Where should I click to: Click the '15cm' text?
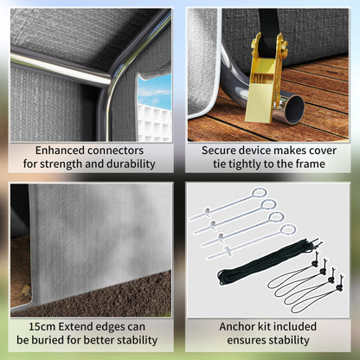[42, 327]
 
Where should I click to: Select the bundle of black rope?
[268, 261]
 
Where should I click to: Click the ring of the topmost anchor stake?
[260, 192]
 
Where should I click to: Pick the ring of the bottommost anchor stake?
[288, 230]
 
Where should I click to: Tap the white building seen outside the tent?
[154, 123]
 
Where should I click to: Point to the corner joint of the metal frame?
[110, 83]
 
